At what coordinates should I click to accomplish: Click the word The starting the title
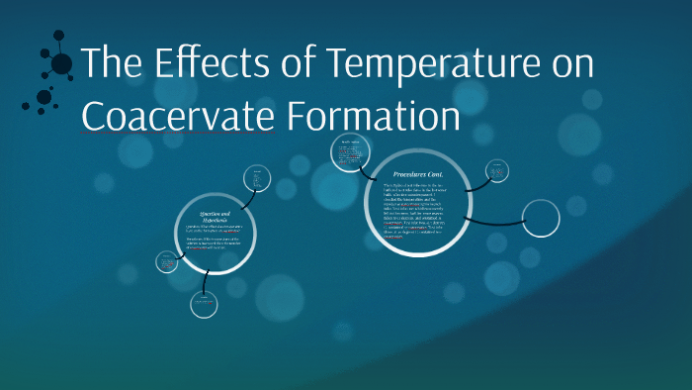click(110, 66)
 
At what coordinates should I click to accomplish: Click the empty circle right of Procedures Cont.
click(541, 218)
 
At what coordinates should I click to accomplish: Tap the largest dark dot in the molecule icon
click(61, 65)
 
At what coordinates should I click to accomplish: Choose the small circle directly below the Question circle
click(205, 304)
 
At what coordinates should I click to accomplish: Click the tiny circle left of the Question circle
click(166, 262)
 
